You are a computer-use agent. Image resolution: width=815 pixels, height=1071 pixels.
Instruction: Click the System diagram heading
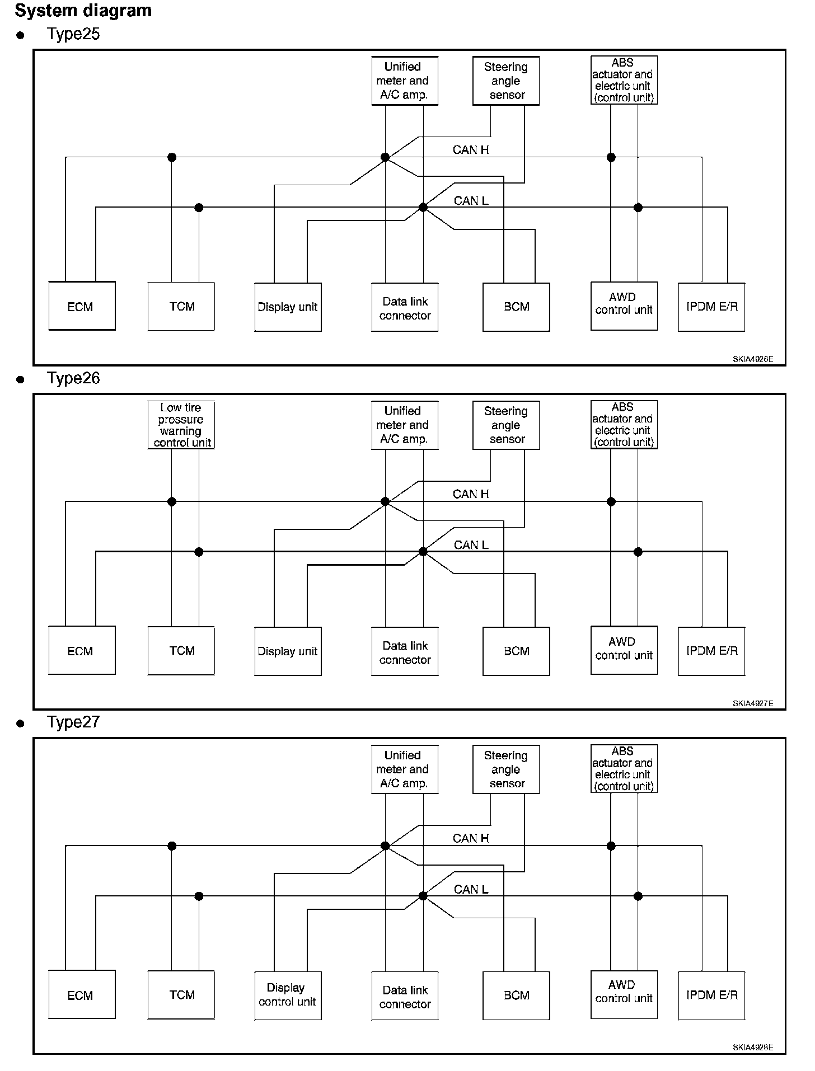coord(83,11)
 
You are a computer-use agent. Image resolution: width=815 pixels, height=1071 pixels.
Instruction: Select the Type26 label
coord(73,378)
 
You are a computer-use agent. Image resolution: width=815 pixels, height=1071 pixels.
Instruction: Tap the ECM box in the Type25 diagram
coord(82,306)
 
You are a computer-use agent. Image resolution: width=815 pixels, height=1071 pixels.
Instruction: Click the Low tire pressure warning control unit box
coord(181,425)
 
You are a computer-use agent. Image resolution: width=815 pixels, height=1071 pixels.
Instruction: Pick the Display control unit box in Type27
coord(288,995)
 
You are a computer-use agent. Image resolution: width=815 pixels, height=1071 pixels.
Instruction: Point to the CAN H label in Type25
coord(471,150)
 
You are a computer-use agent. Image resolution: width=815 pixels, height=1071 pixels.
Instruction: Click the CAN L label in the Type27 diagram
coord(471,889)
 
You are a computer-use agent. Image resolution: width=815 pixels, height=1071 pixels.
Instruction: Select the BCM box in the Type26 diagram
coord(516,651)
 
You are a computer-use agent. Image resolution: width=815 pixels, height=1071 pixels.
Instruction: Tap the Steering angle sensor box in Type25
coord(506,81)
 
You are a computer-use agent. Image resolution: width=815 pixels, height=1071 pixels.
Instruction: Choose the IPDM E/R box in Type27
coord(711,995)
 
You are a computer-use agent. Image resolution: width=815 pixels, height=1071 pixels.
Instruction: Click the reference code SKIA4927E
coord(753,703)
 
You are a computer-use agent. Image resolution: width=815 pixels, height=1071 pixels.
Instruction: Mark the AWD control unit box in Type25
coord(624,306)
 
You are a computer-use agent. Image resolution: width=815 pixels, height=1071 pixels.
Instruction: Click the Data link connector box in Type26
coord(405,652)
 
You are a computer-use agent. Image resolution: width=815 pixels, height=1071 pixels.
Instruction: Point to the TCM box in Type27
coord(181,995)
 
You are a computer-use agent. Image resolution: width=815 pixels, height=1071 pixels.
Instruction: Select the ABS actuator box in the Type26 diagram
coord(624,425)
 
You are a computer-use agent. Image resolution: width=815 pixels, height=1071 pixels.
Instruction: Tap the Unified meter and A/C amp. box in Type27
coord(405,769)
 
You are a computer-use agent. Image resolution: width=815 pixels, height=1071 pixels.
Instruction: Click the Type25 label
coord(73,34)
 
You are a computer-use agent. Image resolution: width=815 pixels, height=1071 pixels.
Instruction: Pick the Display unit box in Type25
coord(288,307)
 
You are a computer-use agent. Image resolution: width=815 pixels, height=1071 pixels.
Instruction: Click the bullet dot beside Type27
coord(21,724)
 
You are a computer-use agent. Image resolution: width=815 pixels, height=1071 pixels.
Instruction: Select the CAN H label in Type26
coord(471,494)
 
